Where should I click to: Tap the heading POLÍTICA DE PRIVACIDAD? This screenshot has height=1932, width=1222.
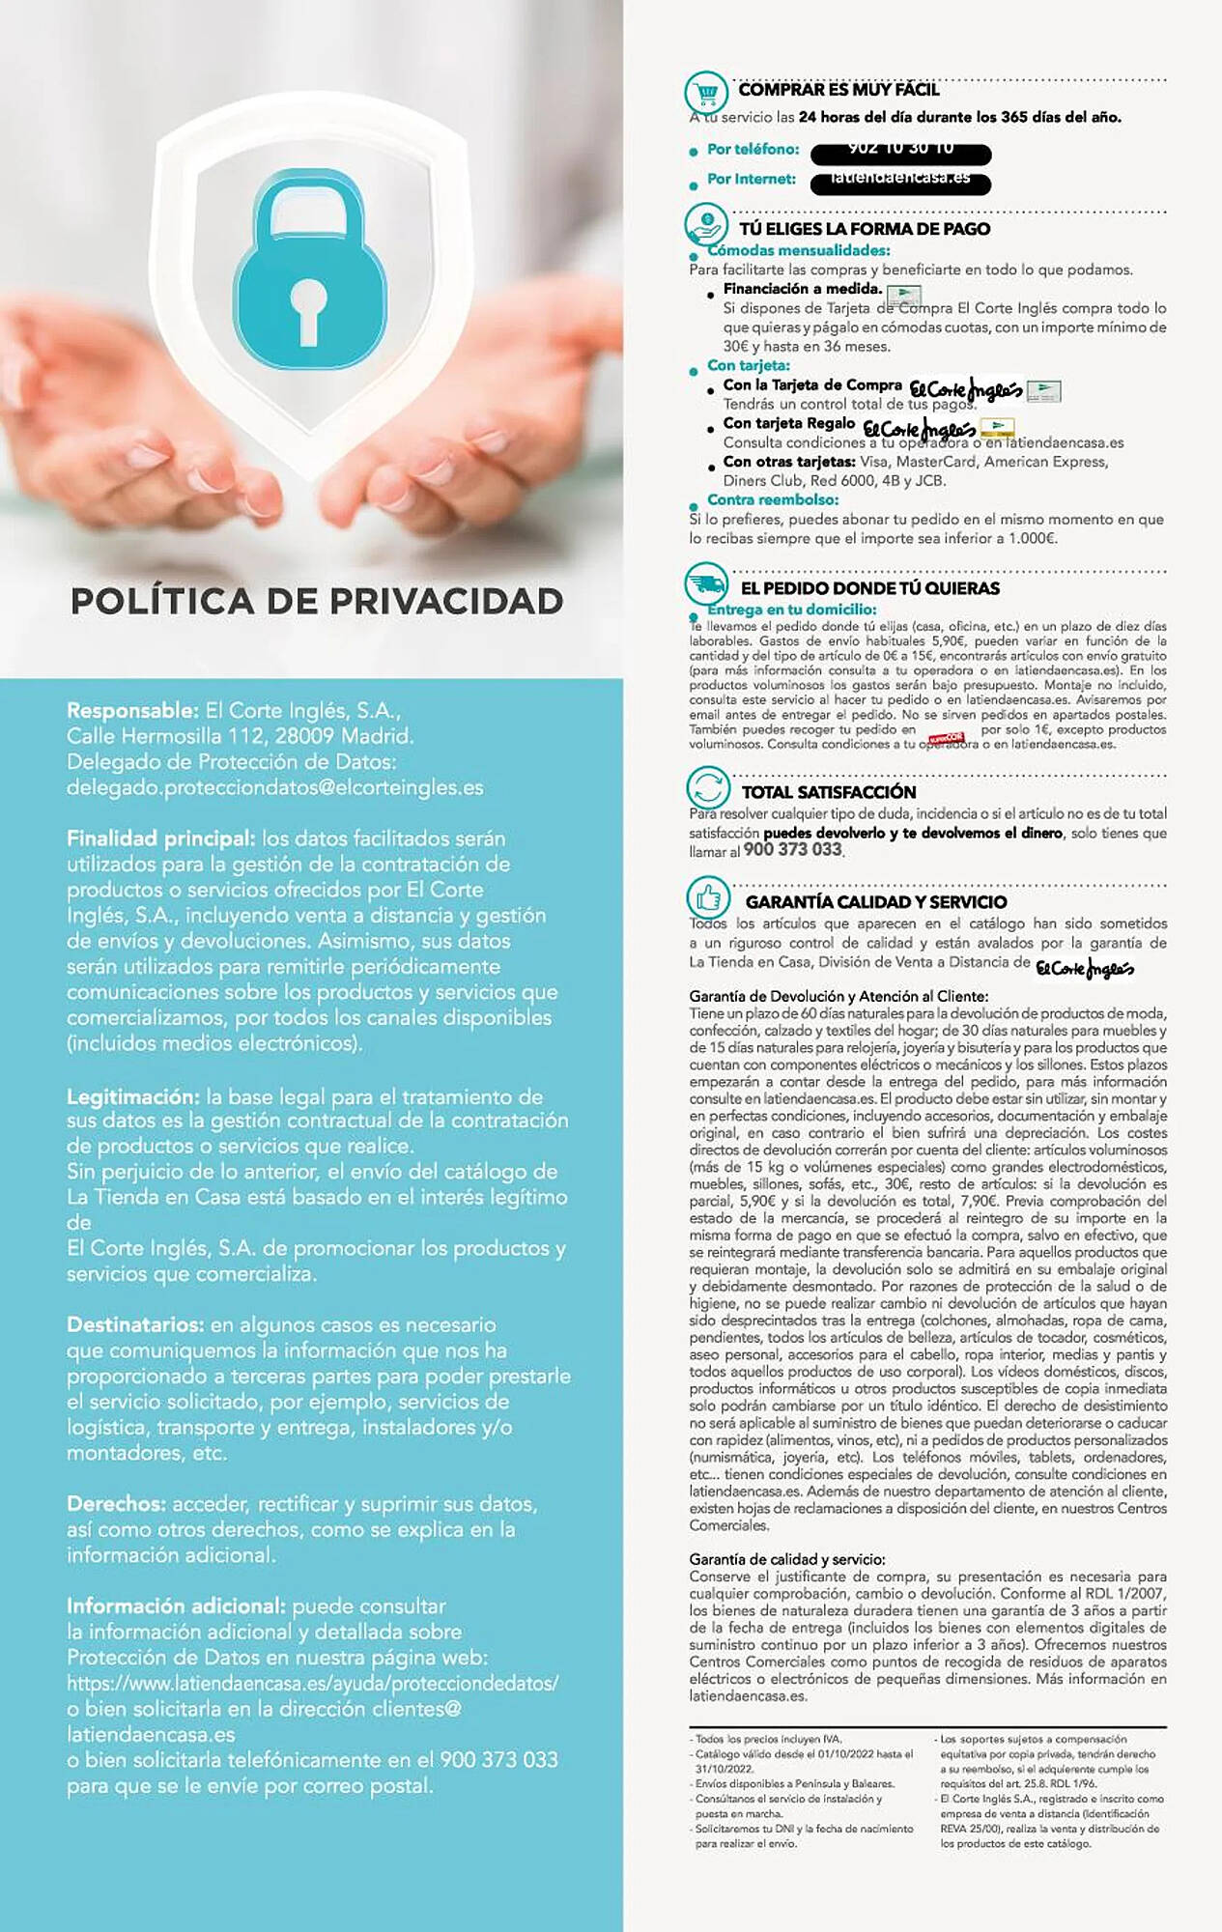coord(317,601)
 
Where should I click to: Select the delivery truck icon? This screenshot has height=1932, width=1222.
coord(706,584)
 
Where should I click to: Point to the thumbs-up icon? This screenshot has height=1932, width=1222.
coord(708,898)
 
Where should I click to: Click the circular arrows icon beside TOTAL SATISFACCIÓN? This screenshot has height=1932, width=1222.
coord(708,787)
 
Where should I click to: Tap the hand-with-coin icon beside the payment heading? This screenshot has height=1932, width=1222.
coord(706,225)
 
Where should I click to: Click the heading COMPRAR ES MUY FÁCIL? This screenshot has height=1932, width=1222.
coord(838,90)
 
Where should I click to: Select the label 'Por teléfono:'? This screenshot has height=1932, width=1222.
coord(753,149)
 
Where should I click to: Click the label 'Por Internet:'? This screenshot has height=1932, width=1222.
coord(751,179)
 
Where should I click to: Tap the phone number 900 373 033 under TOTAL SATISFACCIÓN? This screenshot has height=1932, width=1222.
coord(792,849)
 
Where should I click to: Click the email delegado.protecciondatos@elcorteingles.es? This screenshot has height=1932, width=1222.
coord(274,787)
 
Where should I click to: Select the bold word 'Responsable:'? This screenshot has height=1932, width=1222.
coord(132,710)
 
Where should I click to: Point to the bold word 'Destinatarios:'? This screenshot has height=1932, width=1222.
coord(135,1324)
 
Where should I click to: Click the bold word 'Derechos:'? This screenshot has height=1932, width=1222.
coord(116,1504)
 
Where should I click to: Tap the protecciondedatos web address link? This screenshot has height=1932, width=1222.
coord(312,1683)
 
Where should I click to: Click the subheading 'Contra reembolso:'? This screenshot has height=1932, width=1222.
coord(772,499)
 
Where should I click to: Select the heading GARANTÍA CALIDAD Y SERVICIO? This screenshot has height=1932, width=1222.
coord(875,902)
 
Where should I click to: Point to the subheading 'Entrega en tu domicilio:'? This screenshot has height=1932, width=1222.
coord(791,610)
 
